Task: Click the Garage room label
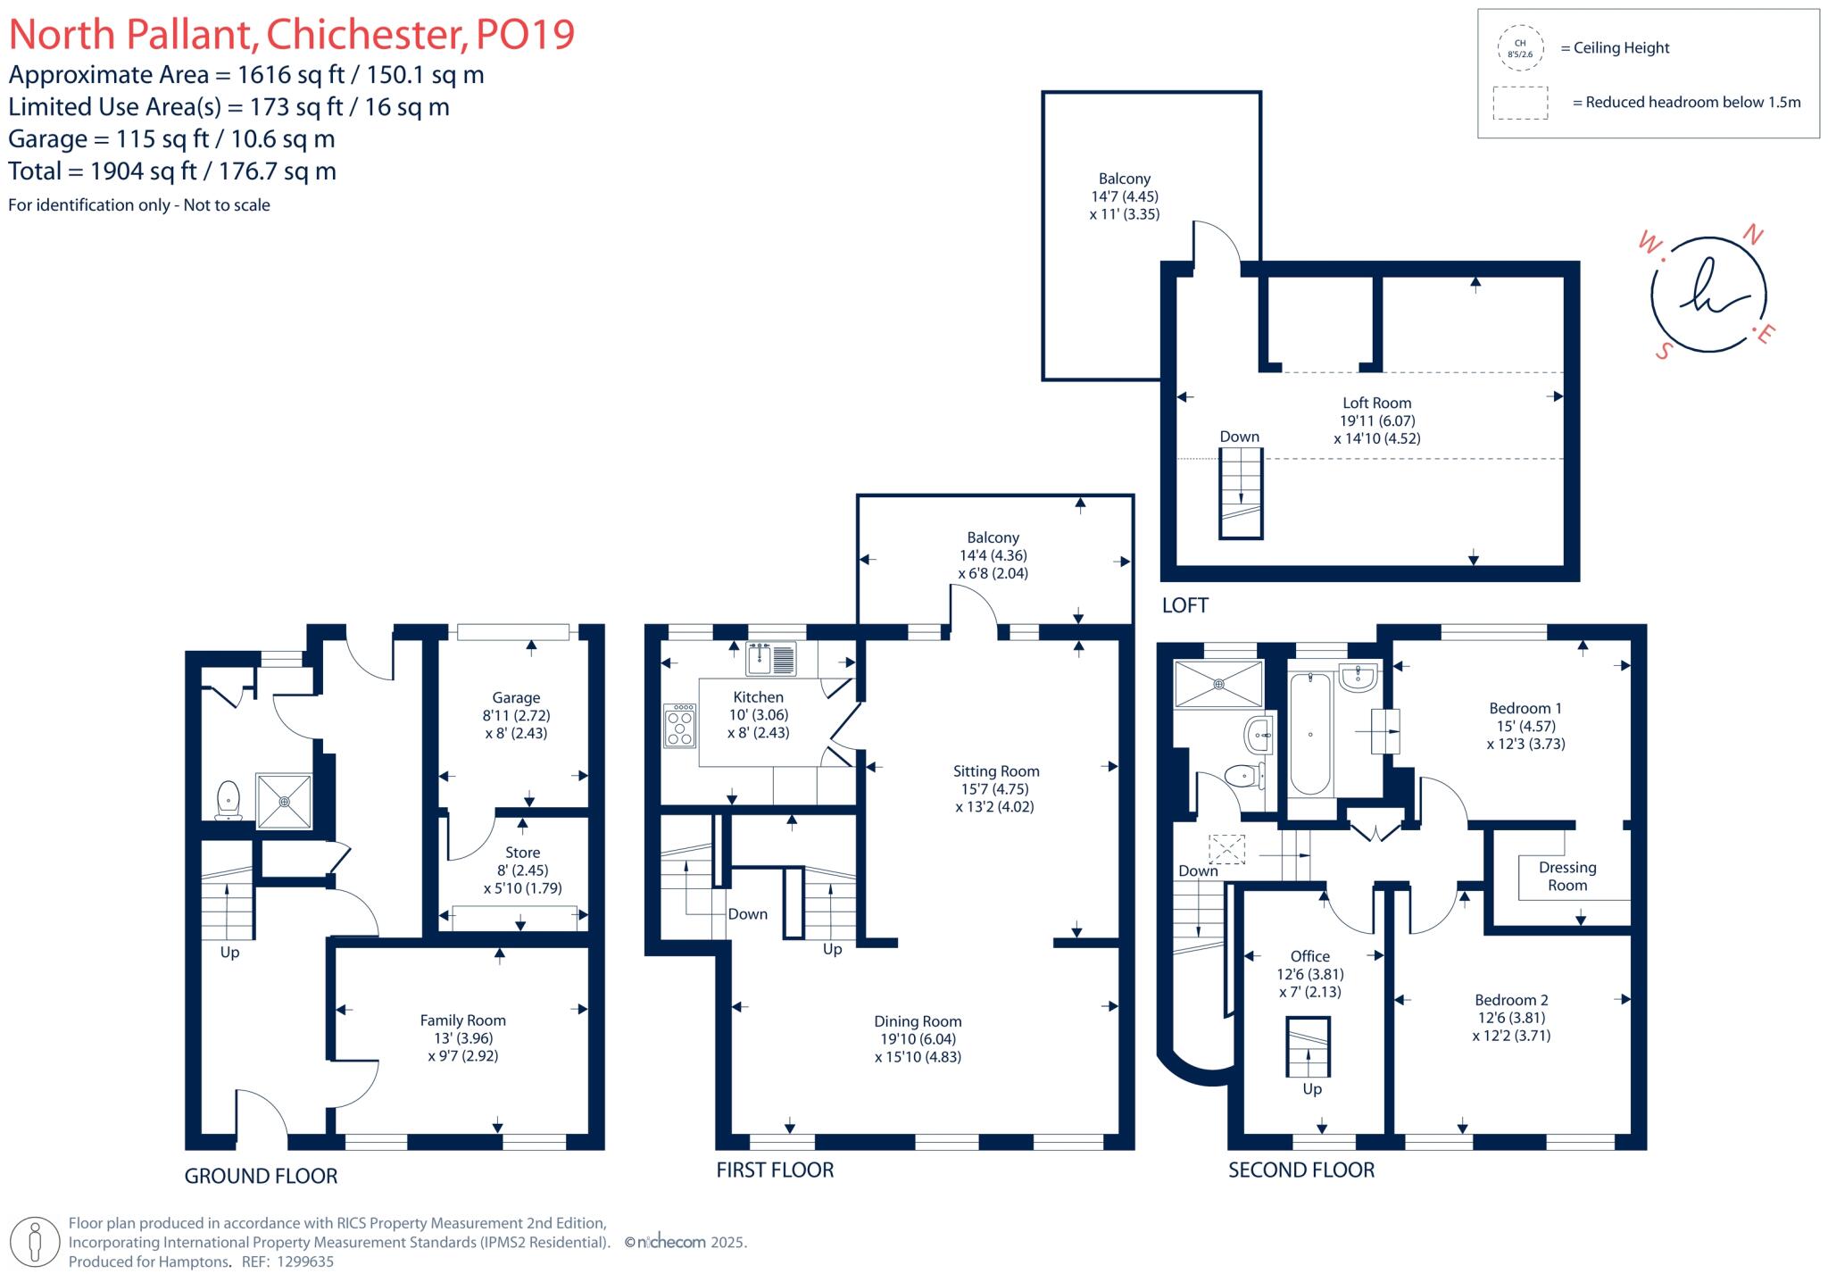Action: pyautogui.click(x=516, y=698)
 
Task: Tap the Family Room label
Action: pyautogui.click(x=462, y=1020)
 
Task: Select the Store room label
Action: pyautogui.click(x=522, y=853)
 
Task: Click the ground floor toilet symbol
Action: pyautogui.click(x=228, y=799)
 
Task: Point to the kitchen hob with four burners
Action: pyautogui.click(x=679, y=726)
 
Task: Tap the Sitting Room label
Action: pyautogui.click(x=995, y=771)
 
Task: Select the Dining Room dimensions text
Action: pyautogui.click(x=918, y=1048)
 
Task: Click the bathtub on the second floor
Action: pyautogui.click(x=1310, y=734)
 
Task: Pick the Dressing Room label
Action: pyautogui.click(x=1567, y=876)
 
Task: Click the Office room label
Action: pyautogui.click(x=1309, y=956)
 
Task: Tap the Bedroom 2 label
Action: pyautogui.click(x=1511, y=1000)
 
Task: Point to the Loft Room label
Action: pyautogui.click(x=1376, y=403)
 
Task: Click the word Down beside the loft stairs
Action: pyautogui.click(x=1239, y=437)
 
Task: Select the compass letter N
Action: pyautogui.click(x=1753, y=235)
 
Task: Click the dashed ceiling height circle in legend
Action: pyautogui.click(x=1520, y=48)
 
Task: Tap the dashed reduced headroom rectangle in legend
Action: pyautogui.click(x=1520, y=103)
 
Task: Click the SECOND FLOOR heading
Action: pyautogui.click(x=1300, y=1170)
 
